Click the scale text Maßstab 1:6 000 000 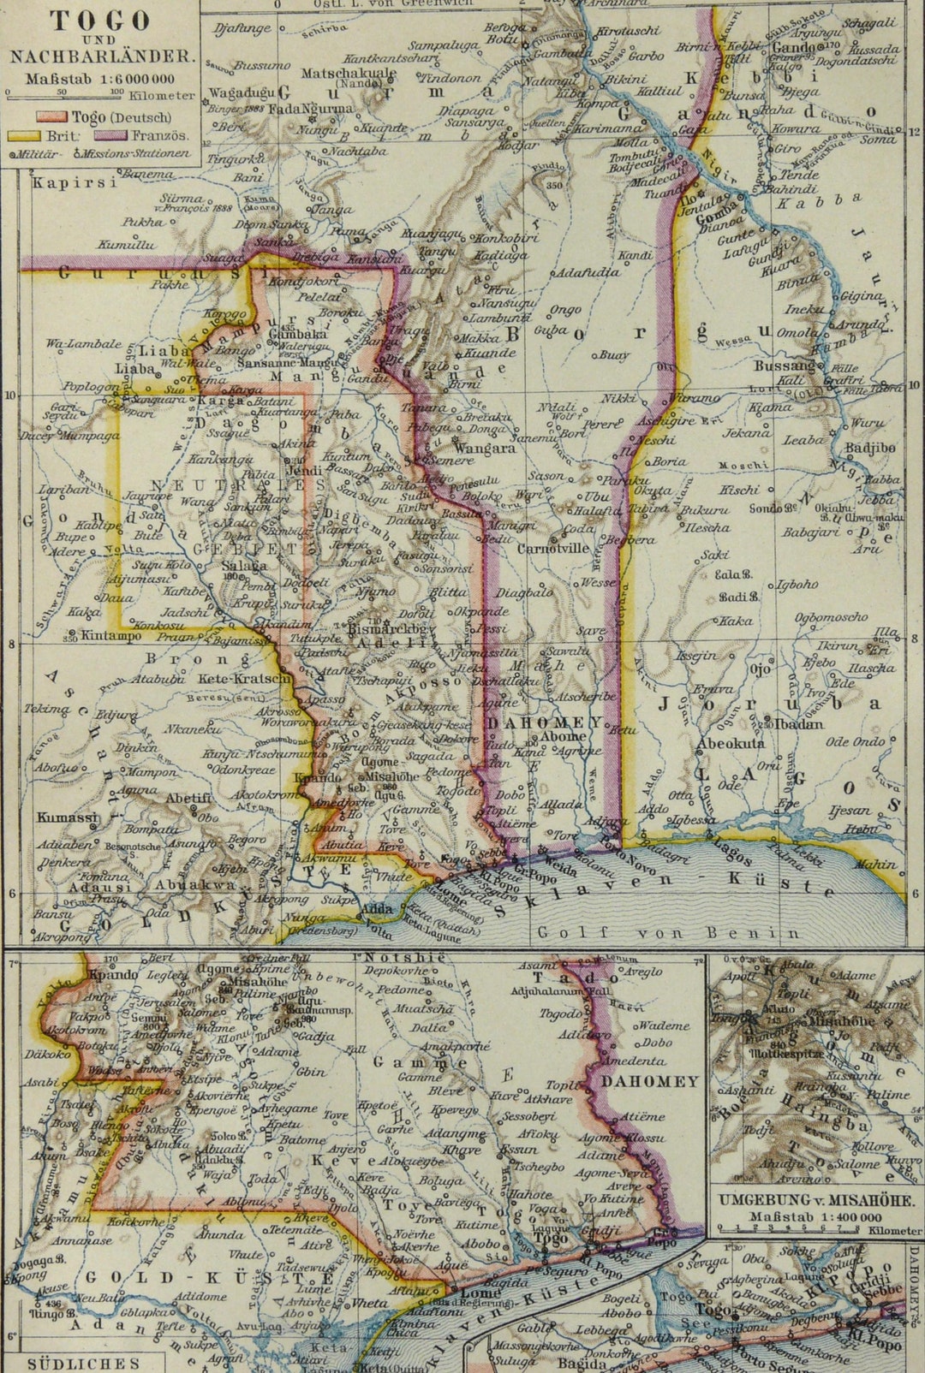point(101,78)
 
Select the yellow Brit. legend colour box point(26,135)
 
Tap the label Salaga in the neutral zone point(243,566)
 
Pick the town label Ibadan point(798,724)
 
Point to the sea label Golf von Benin point(668,932)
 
